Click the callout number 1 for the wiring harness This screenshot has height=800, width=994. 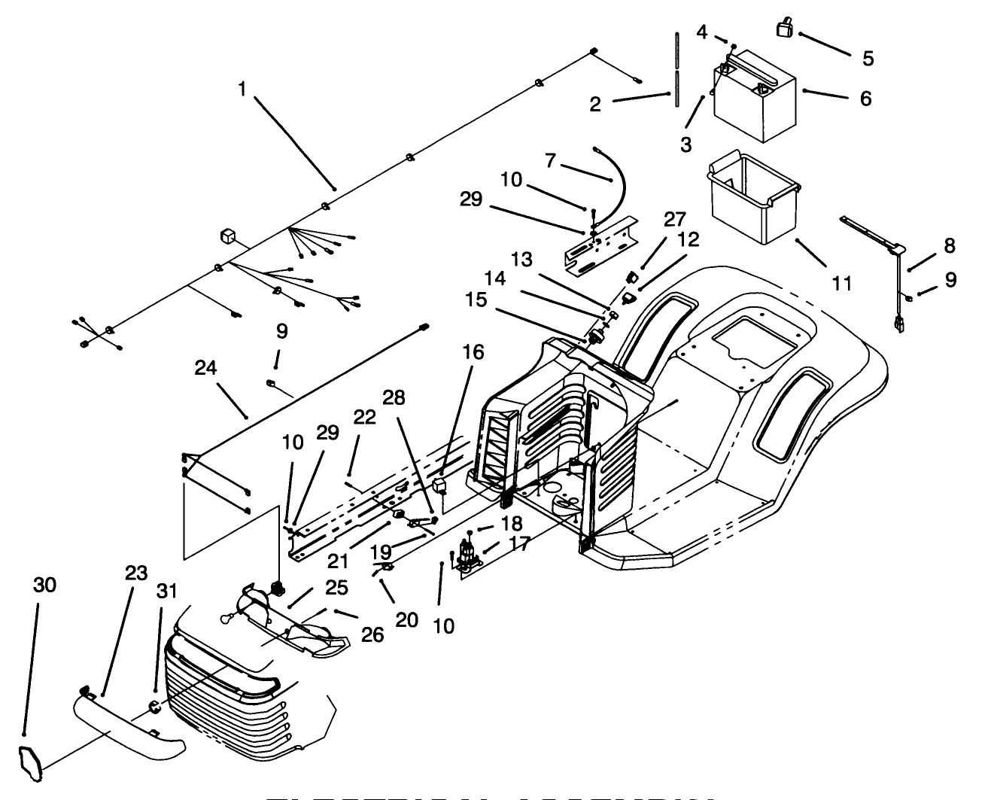tap(242, 89)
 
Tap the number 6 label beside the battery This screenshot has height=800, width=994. tap(865, 99)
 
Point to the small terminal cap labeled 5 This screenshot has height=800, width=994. tap(785, 29)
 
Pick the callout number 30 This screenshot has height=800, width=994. tap(45, 585)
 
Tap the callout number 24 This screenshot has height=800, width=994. tap(205, 368)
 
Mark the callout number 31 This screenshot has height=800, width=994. tap(166, 591)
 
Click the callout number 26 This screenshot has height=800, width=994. tap(372, 634)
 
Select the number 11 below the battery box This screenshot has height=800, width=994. tap(842, 283)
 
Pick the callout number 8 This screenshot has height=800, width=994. tap(950, 245)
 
